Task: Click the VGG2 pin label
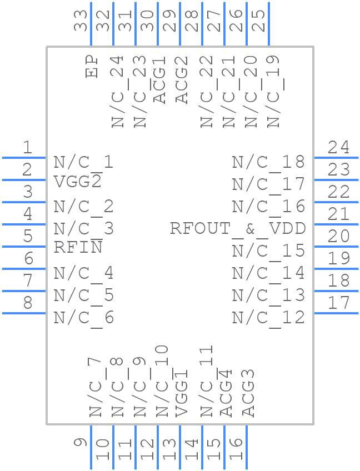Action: pos(78,182)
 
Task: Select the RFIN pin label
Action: pos(78,247)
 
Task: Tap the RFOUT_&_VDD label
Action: pos(237,228)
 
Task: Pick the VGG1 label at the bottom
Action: pos(182,393)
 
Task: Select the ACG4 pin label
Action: pos(226,393)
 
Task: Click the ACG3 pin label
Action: pos(248,393)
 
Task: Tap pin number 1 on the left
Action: pos(27,148)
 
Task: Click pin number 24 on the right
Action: pos(338,148)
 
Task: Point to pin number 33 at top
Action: pos(82,21)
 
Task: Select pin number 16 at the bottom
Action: pos(236,449)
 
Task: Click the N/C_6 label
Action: pos(84,318)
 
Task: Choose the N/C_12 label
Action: pos(268,318)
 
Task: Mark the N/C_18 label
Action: pos(268,162)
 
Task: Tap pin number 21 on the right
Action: pos(338,214)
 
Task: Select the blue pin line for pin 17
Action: pos(336,313)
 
